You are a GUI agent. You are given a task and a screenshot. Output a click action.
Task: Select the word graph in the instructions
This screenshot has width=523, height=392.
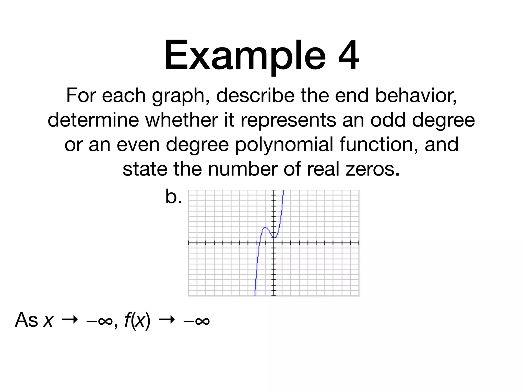[181, 96]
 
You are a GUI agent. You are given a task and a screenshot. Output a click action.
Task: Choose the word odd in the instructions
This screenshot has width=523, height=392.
[388, 120]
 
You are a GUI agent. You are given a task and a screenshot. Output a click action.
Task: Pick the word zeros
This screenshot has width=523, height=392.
[373, 169]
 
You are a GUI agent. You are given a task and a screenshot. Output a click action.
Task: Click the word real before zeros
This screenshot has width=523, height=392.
[323, 169]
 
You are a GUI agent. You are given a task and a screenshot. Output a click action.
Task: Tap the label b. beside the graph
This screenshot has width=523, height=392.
[174, 197]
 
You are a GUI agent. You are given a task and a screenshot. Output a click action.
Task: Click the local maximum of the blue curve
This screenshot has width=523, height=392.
[265, 227]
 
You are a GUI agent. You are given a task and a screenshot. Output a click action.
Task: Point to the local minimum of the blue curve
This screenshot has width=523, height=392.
[274, 238]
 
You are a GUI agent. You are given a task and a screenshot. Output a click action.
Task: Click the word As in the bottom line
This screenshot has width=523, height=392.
[26, 320]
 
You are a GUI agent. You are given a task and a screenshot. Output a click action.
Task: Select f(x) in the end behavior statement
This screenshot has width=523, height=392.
[137, 320]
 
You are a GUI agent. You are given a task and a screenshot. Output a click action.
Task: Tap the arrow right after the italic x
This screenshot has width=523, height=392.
[69, 320]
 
